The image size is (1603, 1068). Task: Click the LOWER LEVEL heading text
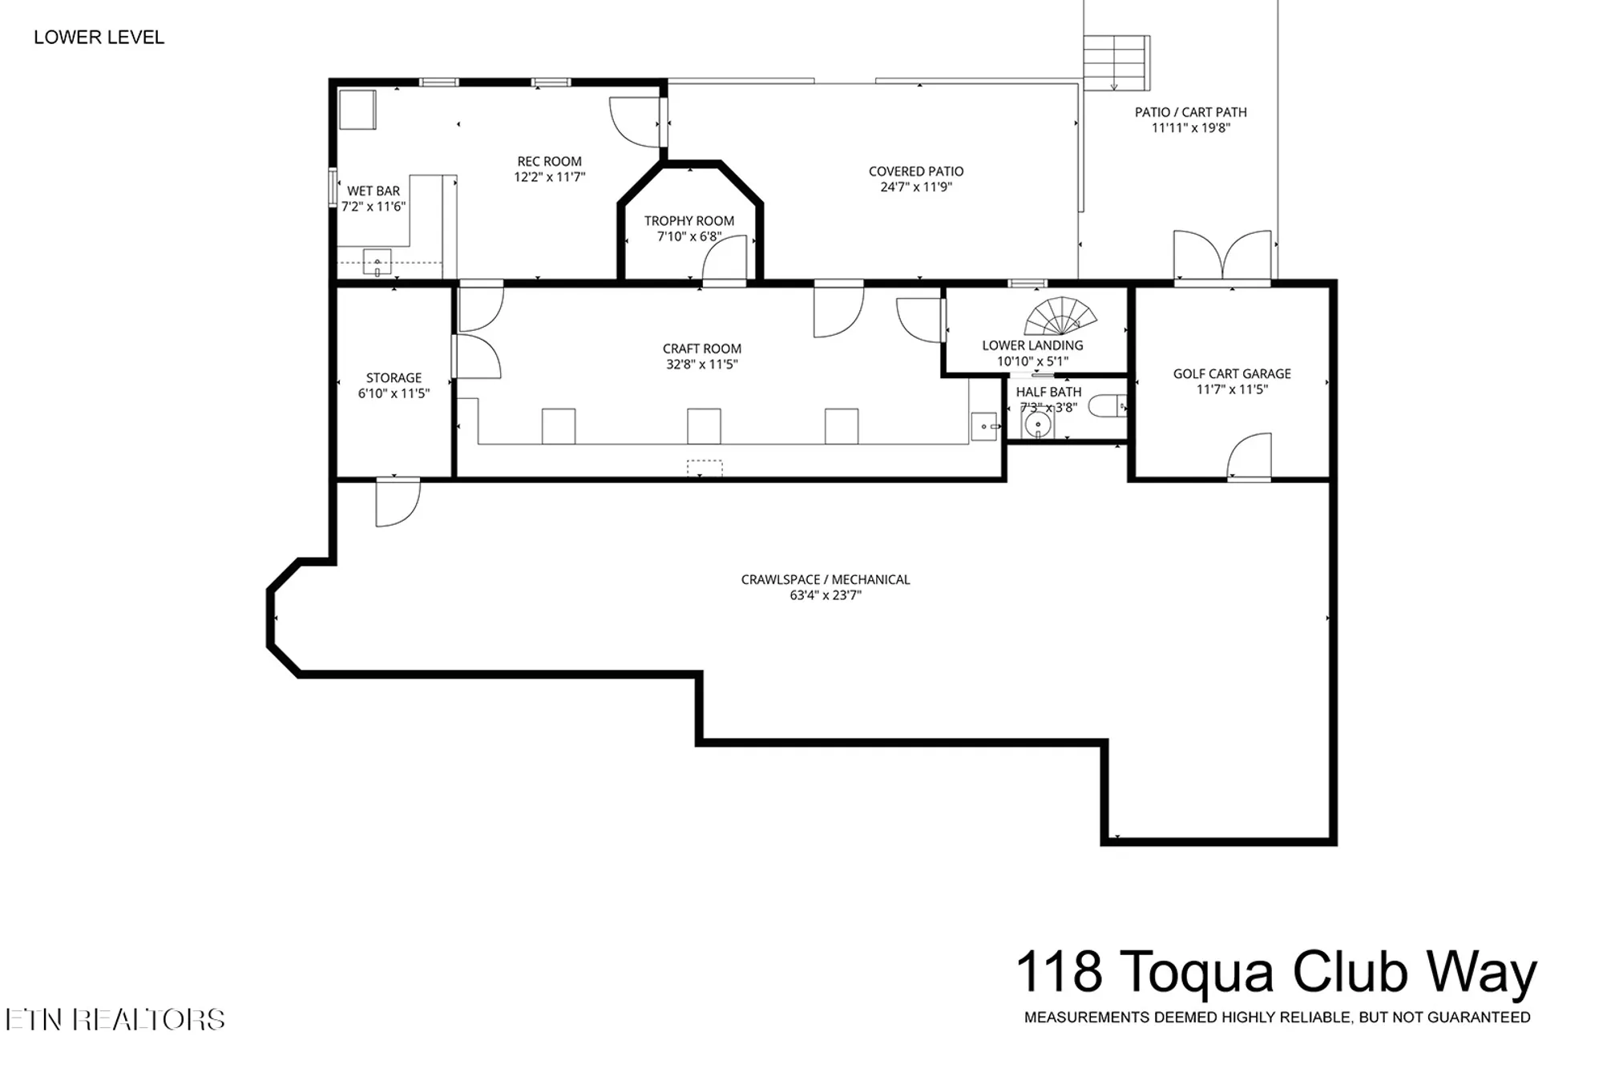[99, 38]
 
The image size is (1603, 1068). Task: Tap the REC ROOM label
[549, 162]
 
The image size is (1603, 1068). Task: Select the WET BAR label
[373, 191]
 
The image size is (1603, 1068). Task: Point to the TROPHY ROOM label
[689, 221]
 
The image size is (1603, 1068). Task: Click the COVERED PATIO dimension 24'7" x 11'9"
[916, 187]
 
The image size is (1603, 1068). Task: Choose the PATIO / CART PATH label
[1191, 112]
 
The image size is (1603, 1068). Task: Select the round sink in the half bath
[1038, 425]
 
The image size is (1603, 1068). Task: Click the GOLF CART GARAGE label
[1232, 374]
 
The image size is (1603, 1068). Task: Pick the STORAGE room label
[394, 378]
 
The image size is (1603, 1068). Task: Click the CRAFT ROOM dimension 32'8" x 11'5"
[702, 365]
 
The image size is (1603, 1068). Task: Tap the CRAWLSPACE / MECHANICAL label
[826, 580]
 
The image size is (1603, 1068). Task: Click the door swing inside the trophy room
[725, 258]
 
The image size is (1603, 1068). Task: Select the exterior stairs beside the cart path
[1116, 62]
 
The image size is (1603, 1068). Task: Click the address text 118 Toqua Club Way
[1276, 973]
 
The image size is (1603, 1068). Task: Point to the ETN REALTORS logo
[115, 1019]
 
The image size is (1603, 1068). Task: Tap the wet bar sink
[378, 262]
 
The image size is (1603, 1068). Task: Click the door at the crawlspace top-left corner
[398, 503]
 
